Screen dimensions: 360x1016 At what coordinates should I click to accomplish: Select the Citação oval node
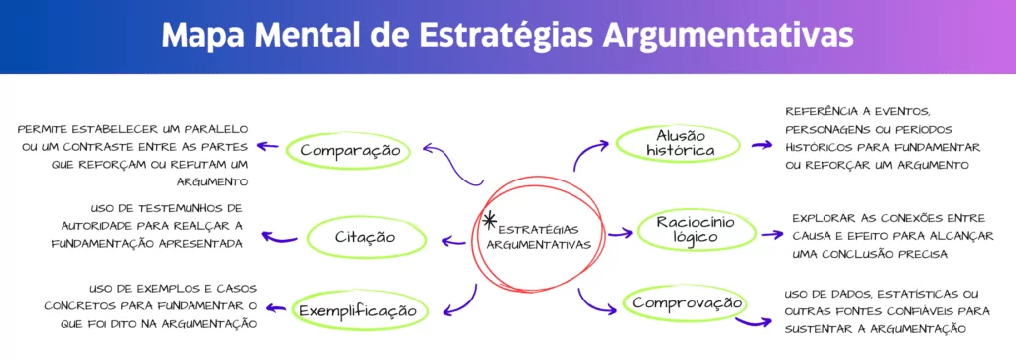pos(365,237)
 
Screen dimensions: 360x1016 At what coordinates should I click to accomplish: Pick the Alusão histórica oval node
pos(679,143)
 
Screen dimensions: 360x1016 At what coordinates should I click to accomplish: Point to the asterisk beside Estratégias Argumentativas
pos(489,220)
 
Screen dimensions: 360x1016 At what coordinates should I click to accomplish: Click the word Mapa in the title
pos(204,35)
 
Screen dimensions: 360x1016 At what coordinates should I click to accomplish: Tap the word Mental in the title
pos(315,35)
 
